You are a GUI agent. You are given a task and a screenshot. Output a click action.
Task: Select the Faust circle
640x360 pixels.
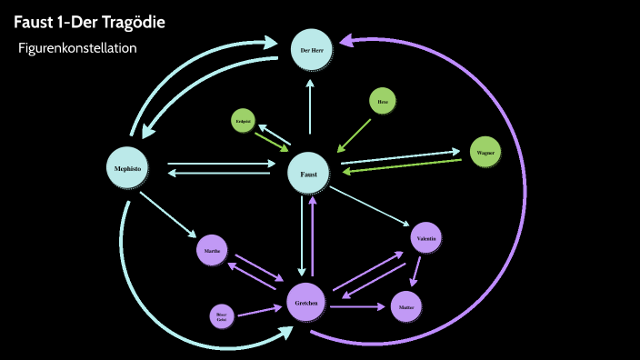[x=310, y=172]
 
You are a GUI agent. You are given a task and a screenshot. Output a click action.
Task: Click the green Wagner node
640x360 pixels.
[x=485, y=153]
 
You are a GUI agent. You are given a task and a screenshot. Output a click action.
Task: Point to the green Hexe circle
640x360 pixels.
[x=383, y=103]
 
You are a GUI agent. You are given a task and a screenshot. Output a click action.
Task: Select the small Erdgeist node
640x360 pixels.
[x=243, y=121]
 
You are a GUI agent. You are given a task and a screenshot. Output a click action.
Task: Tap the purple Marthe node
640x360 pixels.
[x=212, y=250]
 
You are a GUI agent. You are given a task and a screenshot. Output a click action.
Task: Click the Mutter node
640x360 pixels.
[x=405, y=306]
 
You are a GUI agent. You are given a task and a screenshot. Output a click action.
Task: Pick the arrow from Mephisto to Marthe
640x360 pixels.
[x=170, y=213]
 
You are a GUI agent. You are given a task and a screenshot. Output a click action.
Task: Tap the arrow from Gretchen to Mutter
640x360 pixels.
[x=356, y=307]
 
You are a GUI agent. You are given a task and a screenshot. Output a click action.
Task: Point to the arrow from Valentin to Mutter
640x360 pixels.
[x=417, y=272]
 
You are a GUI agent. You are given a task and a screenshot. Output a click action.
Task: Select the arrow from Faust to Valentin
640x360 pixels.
[x=369, y=205]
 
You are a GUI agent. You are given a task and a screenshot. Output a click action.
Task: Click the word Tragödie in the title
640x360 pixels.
[x=132, y=22]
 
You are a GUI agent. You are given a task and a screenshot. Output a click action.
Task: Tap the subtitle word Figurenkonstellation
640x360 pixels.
[x=77, y=47]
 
